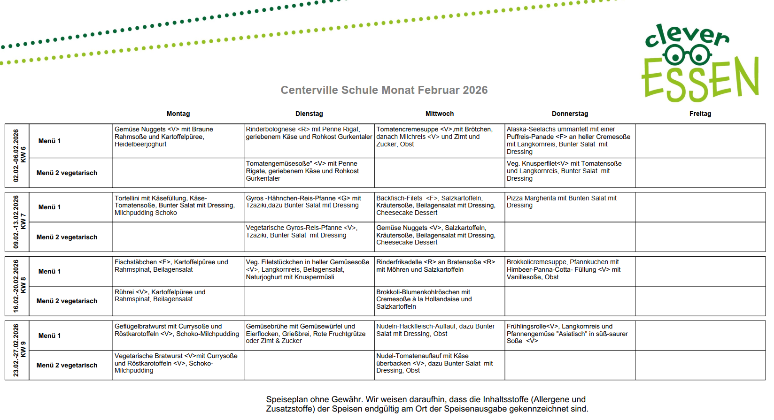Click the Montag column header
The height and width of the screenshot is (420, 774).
point(178,114)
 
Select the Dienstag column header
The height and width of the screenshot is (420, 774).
point(309,114)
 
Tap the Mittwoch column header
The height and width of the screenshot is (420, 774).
point(440,114)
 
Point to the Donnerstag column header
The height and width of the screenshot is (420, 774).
point(570,114)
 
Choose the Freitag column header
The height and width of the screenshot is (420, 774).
point(700,114)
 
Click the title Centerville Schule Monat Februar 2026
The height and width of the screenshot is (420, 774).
point(384,90)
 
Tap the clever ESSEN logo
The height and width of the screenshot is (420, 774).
point(699,63)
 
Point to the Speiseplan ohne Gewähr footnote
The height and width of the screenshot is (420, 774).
point(426,404)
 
